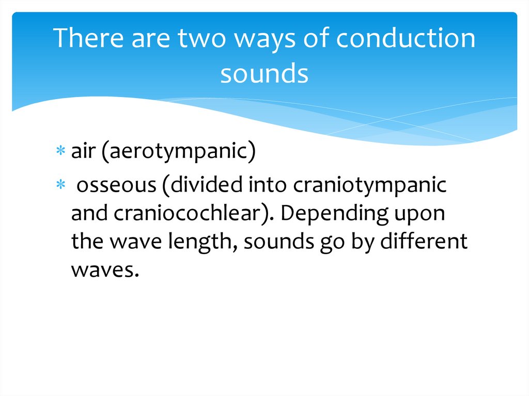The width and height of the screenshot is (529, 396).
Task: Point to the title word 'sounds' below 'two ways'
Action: click(x=264, y=74)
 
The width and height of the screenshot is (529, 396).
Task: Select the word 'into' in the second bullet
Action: click(x=268, y=185)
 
